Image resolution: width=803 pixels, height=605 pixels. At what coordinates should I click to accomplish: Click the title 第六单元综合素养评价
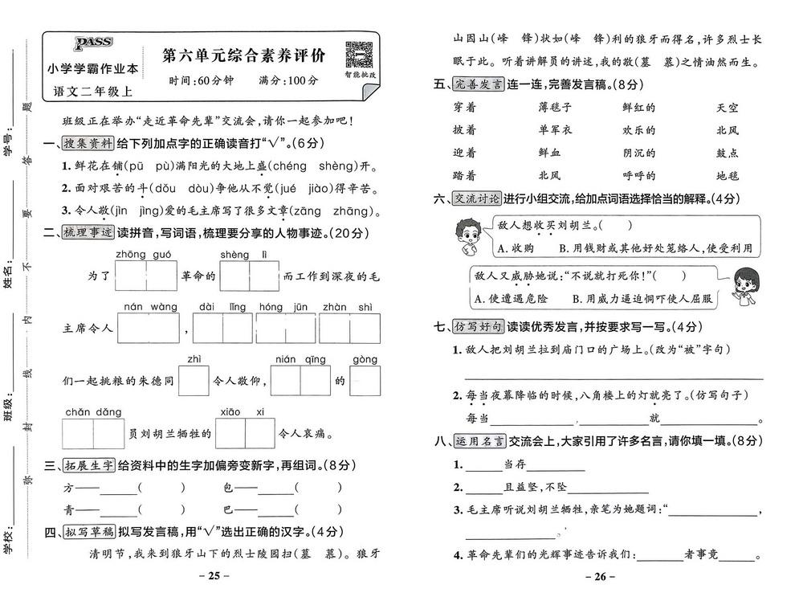pos(243,56)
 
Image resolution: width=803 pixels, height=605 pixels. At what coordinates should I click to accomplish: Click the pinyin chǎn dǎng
pos(93,412)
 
